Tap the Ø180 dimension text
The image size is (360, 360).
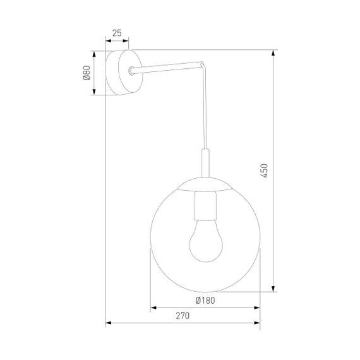tap(205, 301)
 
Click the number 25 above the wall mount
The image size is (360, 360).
tap(117, 32)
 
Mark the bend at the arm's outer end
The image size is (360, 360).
tap(202, 63)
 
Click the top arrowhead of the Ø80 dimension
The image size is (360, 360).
tap(95, 53)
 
